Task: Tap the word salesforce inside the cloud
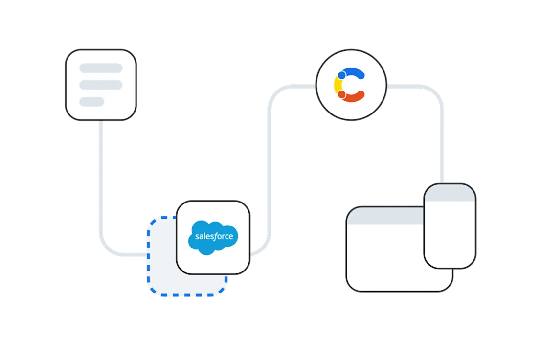[214, 236]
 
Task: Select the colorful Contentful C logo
[350, 85]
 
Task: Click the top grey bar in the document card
[101, 68]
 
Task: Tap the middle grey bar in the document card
[101, 85]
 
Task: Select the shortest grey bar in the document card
[92, 101]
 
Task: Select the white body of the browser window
[385, 258]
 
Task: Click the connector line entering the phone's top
[442, 155]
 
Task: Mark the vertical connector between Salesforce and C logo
[269, 172]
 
